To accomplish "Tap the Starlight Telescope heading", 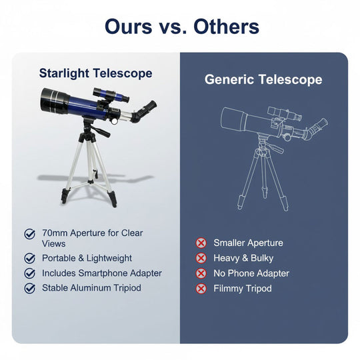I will (x=95, y=73).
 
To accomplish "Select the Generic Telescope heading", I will (x=263, y=80).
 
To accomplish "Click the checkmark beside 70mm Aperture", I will (x=30, y=234).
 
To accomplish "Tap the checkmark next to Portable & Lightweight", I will (x=30, y=258).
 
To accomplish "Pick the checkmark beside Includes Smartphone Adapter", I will (x=30, y=273).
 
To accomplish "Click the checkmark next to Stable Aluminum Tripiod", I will (x=30, y=289).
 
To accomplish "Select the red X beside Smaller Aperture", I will (x=201, y=243).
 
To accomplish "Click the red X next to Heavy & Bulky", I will (x=201, y=258).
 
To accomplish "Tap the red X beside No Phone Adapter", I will (x=201, y=273).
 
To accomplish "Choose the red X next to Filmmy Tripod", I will (x=201, y=289).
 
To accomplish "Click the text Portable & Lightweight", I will (x=87, y=258).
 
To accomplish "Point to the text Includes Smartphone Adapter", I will (x=101, y=273).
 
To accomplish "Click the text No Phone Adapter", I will (x=251, y=273).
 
